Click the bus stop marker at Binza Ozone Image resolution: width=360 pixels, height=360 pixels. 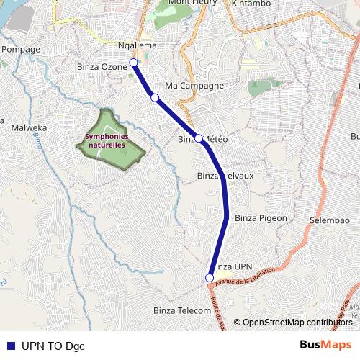pyautogui.click(x=133, y=62)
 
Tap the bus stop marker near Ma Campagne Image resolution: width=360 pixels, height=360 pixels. pyautogui.click(x=154, y=97)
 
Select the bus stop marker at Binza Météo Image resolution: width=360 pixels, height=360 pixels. pyautogui.click(x=199, y=138)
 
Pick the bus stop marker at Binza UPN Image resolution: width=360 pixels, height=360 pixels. pyautogui.click(x=210, y=278)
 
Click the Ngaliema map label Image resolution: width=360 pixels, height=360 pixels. pyautogui.click(x=137, y=46)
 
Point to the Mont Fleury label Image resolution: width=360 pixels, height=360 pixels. pyautogui.click(x=190, y=4)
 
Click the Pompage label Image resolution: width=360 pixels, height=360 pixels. pyautogui.click(x=21, y=49)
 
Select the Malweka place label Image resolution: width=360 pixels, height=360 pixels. pyautogui.click(x=30, y=128)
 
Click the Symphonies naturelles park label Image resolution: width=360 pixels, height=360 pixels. pyautogui.click(x=106, y=140)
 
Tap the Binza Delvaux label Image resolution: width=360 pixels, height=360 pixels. pyautogui.click(x=225, y=176)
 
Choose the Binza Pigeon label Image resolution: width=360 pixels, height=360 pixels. pyautogui.click(x=261, y=217)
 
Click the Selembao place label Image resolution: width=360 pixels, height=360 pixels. pyautogui.click(x=329, y=219)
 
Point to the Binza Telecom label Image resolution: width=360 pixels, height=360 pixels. pyautogui.click(x=182, y=310)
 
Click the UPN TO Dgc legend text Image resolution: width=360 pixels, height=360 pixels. pyautogui.click(x=53, y=346)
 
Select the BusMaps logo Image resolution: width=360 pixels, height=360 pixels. pyautogui.click(x=325, y=345)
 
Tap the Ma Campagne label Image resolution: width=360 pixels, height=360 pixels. pyautogui.click(x=194, y=86)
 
